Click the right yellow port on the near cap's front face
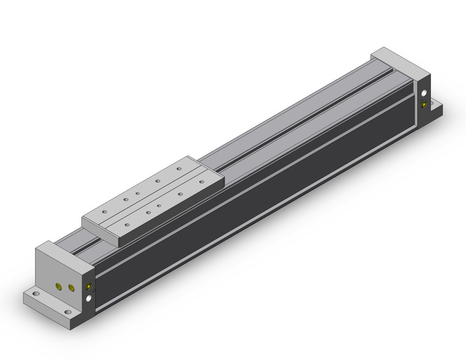click(x=72, y=288)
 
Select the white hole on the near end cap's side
click(x=91, y=298)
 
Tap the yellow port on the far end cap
click(x=425, y=106)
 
